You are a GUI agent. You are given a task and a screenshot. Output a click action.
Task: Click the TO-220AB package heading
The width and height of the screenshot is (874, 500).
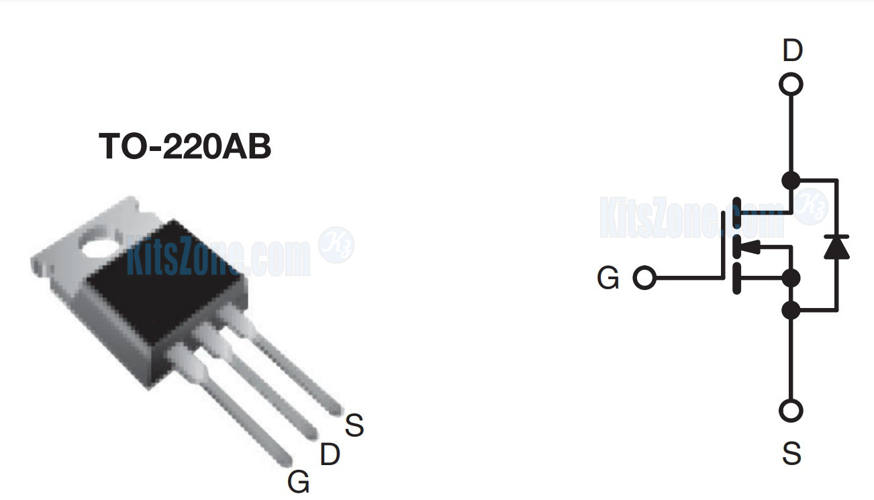coord(185,146)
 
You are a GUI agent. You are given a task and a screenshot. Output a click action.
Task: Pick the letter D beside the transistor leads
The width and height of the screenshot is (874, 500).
coord(330,455)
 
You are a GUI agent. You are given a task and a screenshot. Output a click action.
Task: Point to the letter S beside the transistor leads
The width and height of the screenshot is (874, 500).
coord(354,425)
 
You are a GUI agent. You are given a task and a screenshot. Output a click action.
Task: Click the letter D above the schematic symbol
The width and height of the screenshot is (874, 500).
coord(792,51)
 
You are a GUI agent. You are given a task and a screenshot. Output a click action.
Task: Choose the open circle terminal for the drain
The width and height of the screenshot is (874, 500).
coord(791,85)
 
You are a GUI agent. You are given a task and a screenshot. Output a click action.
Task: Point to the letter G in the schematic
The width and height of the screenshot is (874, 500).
coord(608,279)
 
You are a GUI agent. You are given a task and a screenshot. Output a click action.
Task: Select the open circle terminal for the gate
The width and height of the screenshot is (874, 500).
coord(644,278)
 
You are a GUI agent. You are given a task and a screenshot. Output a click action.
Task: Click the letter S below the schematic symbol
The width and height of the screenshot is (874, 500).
coord(791,454)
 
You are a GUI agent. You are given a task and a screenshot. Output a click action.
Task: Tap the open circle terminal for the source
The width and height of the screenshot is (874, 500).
coord(791,410)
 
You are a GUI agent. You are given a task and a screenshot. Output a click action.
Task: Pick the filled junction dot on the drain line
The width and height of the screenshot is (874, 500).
coord(791,180)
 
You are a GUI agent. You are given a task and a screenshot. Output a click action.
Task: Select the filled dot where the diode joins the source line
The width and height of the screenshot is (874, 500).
coord(791,310)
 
